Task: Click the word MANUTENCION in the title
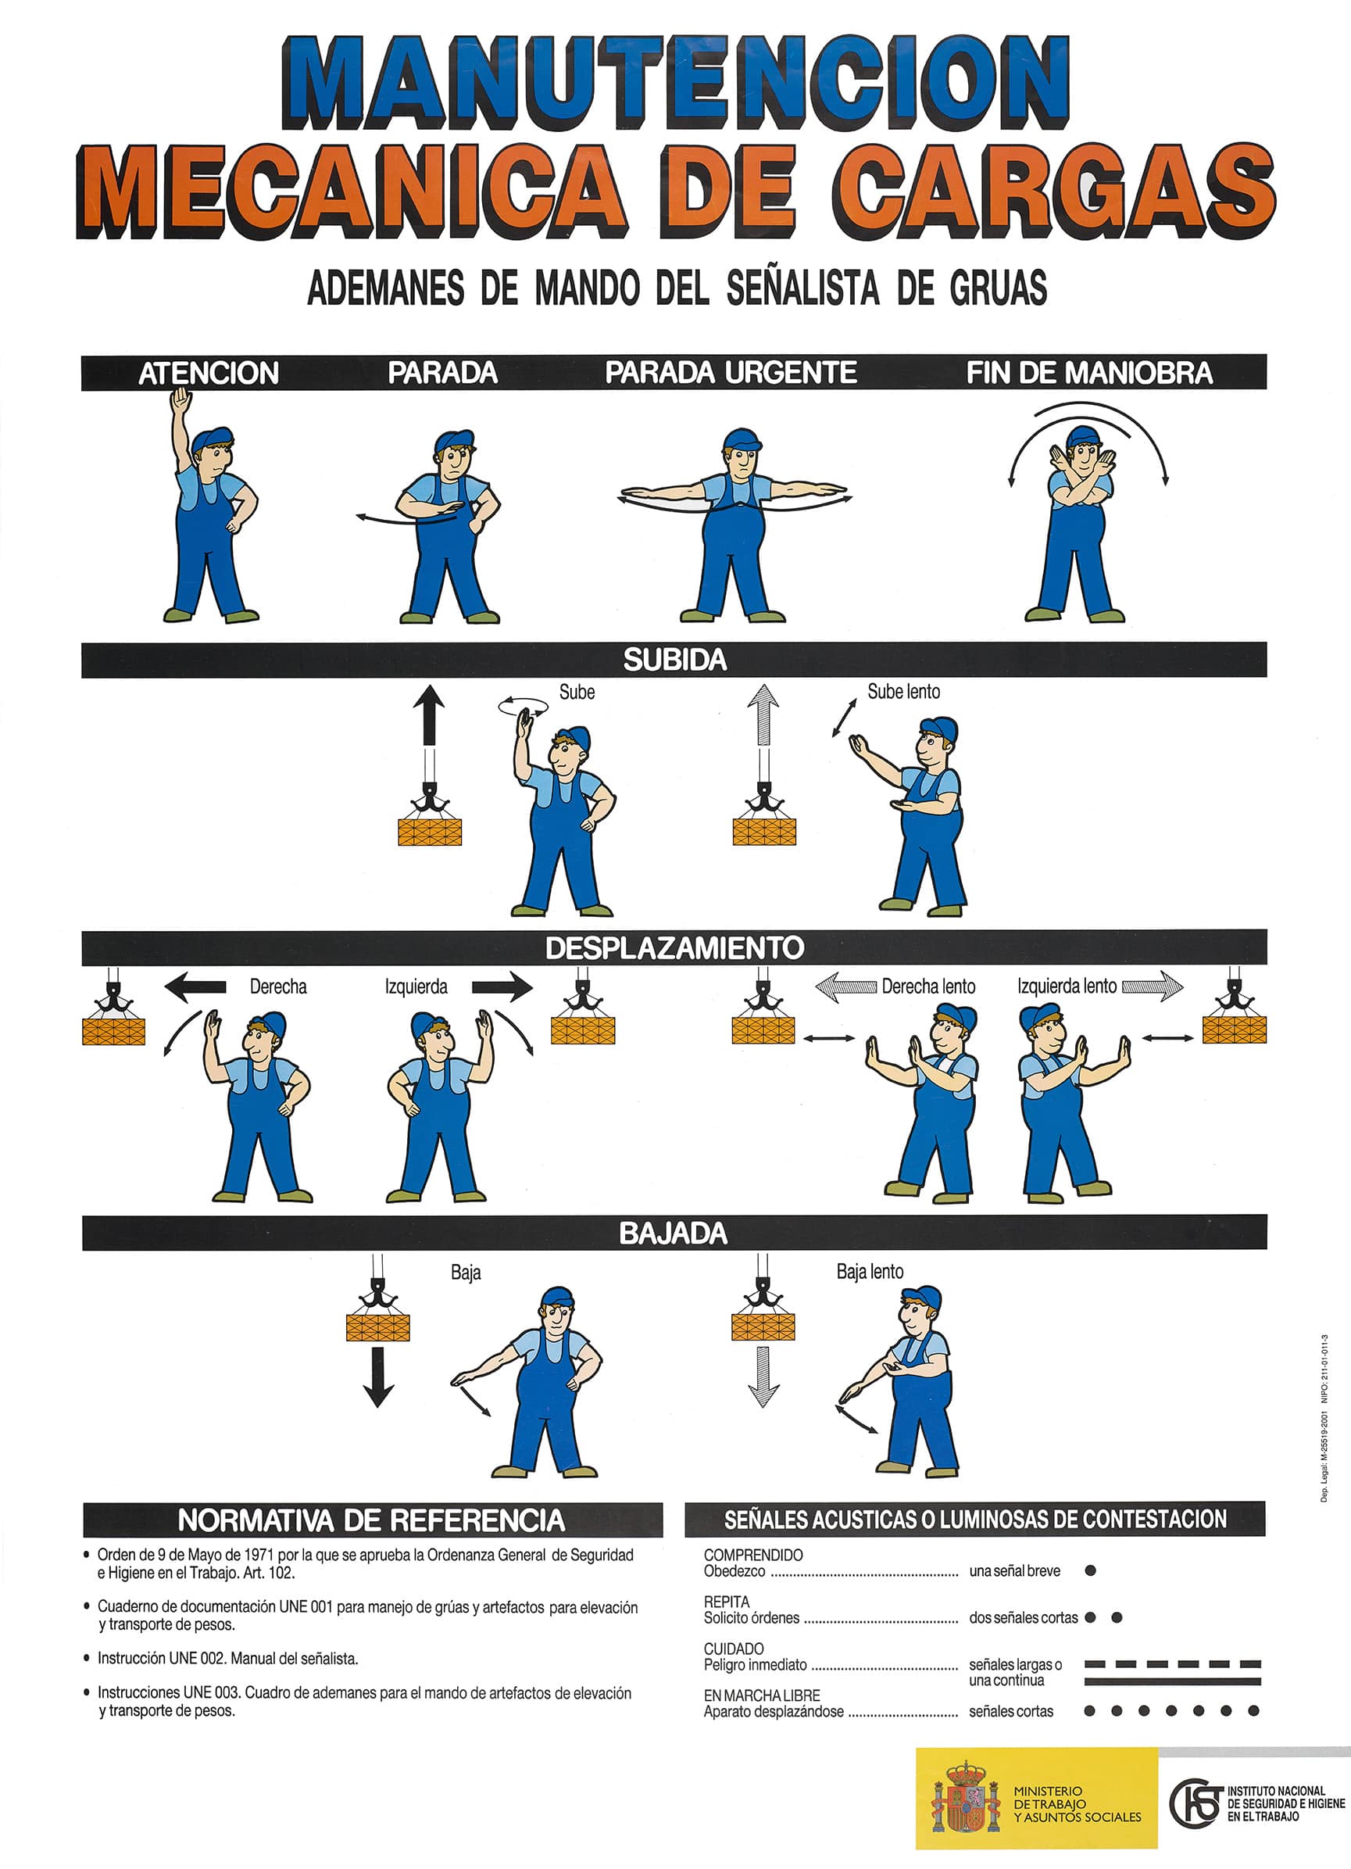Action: tap(675, 82)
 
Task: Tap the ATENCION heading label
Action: tap(209, 374)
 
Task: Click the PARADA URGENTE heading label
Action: tap(731, 373)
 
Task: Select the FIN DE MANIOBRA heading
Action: tap(1089, 373)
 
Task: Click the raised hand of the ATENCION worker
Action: tap(180, 402)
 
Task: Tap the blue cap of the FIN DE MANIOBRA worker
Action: tap(1082, 436)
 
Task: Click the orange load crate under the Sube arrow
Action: tap(430, 832)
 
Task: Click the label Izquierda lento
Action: tap(1067, 986)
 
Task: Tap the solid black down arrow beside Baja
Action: tap(378, 1377)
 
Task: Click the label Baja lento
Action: tap(870, 1272)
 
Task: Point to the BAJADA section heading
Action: tap(673, 1233)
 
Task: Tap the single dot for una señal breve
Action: tap(1090, 1570)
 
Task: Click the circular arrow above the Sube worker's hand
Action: tap(522, 706)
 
